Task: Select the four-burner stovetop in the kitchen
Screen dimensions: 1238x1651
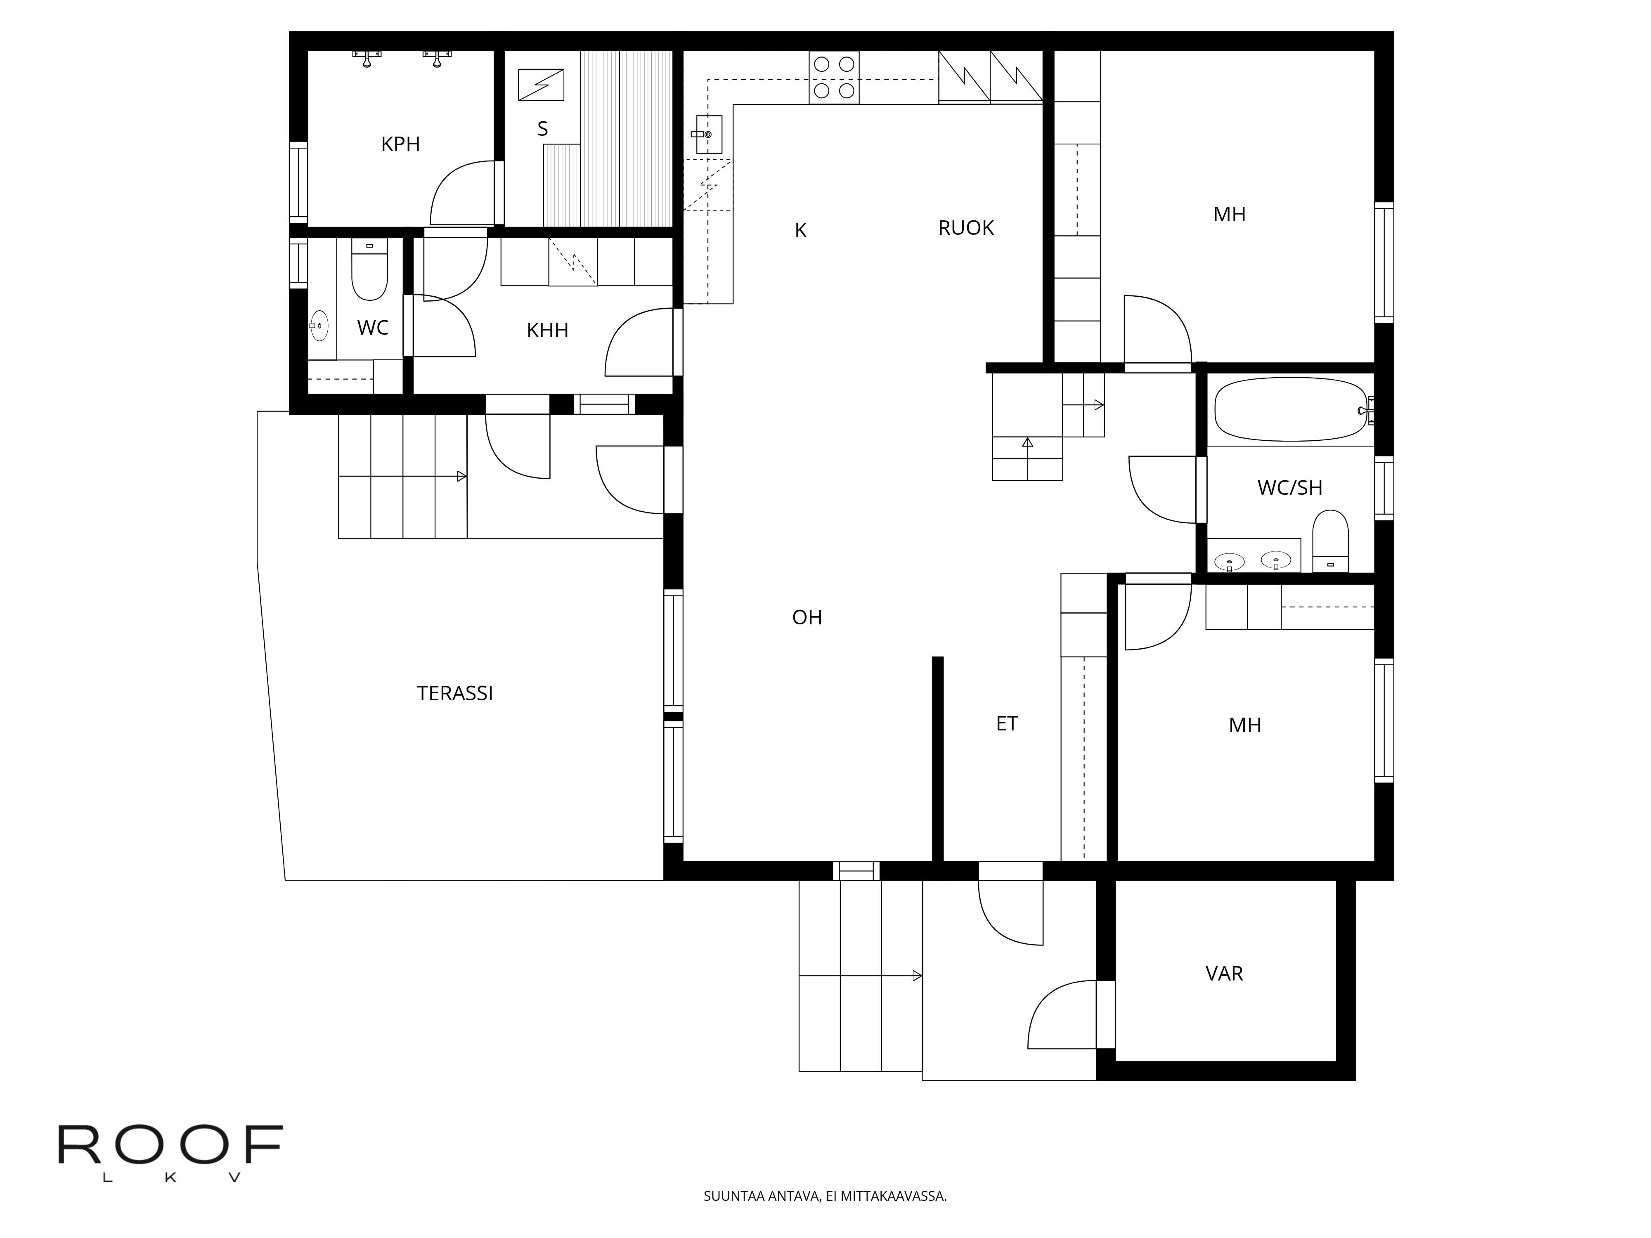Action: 834,78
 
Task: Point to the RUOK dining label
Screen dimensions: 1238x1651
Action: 966,228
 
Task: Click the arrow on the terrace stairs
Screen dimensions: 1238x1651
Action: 462,476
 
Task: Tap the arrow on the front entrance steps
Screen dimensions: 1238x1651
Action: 917,975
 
